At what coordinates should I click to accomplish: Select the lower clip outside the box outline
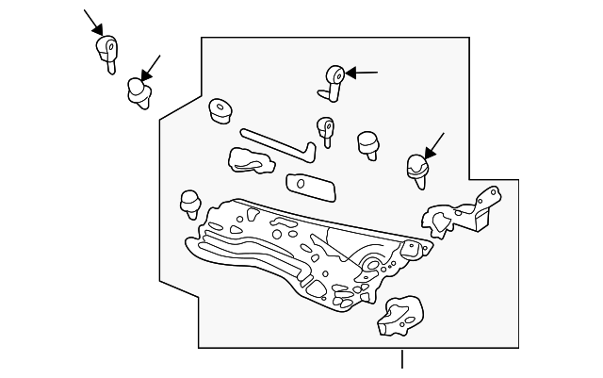point(139,91)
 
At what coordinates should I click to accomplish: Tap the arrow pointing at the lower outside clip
point(151,66)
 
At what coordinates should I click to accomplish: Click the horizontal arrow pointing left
point(362,72)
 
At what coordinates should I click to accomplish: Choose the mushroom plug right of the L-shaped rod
point(367,143)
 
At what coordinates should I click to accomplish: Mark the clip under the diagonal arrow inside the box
point(416,169)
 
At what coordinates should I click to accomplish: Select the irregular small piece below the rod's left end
point(249,160)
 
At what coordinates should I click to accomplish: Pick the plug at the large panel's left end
point(190,203)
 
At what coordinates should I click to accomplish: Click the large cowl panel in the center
point(301,250)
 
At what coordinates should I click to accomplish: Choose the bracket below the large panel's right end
point(400,316)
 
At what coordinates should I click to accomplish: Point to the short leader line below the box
point(402,359)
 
